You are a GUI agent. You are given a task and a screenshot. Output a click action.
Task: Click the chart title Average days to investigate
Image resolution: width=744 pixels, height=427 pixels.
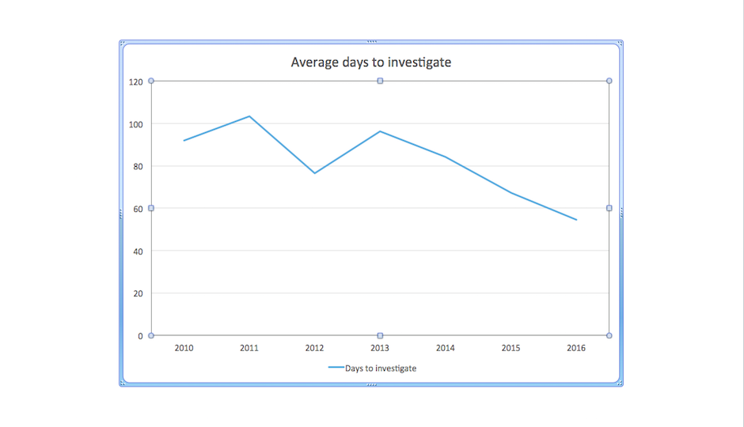tap(371, 62)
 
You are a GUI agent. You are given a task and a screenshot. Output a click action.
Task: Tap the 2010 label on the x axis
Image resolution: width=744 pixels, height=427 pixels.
tap(184, 348)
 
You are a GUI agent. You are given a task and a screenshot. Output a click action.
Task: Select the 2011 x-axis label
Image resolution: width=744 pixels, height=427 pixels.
tap(249, 348)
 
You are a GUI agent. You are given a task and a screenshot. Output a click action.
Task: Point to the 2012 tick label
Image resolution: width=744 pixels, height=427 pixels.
tap(314, 348)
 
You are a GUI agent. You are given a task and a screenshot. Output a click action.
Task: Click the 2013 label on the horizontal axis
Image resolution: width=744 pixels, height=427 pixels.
tap(380, 348)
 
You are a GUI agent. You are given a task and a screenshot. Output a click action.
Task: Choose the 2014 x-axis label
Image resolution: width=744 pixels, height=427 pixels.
tap(446, 348)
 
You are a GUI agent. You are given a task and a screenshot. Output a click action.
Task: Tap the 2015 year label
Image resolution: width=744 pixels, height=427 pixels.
tap(511, 348)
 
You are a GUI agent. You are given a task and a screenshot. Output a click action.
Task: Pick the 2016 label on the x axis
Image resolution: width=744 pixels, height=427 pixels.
tap(576, 348)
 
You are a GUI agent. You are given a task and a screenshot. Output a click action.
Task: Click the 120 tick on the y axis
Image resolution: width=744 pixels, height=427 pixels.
tap(135, 81)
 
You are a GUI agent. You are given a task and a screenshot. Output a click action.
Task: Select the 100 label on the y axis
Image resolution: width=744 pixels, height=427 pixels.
tap(135, 124)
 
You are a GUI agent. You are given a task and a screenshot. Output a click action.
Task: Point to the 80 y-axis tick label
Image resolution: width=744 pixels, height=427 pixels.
tap(138, 166)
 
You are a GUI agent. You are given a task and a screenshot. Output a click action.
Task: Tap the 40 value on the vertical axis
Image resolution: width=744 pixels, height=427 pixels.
tap(138, 251)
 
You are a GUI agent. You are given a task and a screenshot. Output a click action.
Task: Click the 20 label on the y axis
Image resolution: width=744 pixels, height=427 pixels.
tap(138, 293)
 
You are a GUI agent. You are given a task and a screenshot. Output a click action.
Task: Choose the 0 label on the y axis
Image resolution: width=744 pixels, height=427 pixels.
tap(140, 336)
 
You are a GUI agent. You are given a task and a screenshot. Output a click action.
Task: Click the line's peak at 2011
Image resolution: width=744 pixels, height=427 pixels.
tap(249, 116)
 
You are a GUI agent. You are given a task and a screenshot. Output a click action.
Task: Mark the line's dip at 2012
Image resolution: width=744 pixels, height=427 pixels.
tap(314, 173)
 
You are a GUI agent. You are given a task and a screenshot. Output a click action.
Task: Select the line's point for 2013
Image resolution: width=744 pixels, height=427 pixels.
tap(380, 131)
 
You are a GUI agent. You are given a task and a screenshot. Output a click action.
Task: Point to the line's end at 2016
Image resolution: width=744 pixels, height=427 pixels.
tap(576, 220)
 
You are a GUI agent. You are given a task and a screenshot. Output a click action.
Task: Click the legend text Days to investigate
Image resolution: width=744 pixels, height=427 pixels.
tap(381, 368)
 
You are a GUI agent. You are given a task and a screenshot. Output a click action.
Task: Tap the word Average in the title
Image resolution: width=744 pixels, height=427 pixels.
tap(310, 62)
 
